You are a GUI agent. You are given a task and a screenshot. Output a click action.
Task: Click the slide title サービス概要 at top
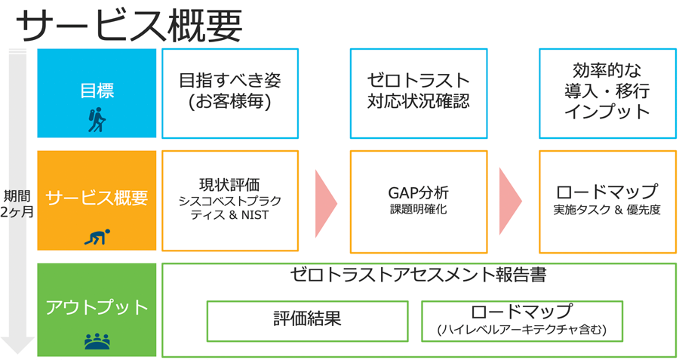128,26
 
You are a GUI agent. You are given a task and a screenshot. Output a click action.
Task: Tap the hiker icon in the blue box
97,120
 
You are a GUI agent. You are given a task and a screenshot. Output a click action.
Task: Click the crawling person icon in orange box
97,237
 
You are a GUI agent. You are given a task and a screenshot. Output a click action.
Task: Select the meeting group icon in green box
97,341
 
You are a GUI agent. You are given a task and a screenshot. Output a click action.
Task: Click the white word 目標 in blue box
97,91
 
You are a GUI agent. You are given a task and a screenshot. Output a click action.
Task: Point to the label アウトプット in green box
97,307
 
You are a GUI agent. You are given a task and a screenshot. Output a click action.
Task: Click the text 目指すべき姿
230,81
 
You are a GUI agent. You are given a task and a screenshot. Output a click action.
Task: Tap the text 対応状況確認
419,101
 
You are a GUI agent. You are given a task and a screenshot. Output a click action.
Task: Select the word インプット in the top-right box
607,112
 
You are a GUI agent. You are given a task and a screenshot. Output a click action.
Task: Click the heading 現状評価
230,185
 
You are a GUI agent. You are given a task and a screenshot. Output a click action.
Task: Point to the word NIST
255,215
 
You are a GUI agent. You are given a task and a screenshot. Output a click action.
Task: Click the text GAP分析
419,192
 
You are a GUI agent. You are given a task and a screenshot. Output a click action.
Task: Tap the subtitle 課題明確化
419,209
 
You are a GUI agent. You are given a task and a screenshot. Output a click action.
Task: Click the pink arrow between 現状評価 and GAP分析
326,204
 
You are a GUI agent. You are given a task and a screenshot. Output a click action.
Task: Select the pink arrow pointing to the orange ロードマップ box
511,201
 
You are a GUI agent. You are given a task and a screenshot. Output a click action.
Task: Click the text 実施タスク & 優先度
607,210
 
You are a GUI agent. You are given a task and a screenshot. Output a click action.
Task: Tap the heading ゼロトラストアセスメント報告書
418,275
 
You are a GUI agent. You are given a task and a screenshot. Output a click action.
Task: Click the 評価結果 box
308,321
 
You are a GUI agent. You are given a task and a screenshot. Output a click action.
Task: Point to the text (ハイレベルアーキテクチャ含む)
522,330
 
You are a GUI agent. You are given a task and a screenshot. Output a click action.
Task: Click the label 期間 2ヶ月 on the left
17,204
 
